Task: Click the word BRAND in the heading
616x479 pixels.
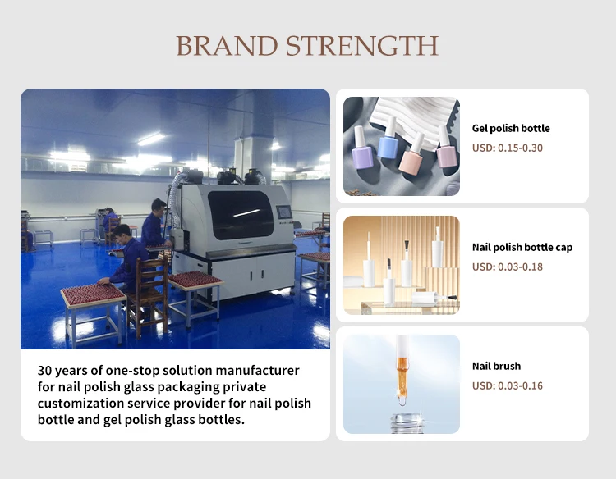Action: pos(227,46)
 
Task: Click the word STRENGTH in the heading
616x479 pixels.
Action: pos(362,46)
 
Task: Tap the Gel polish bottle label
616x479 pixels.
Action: pos(511,128)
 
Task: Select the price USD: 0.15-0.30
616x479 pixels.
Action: pos(508,148)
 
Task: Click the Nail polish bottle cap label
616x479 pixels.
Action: pos(522,247)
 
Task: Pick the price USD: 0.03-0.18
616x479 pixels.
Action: pos(508,267)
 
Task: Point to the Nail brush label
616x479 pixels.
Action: pos(496,366)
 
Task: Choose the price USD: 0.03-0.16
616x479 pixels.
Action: pos(508,385)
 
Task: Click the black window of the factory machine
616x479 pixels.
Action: pos(241,215)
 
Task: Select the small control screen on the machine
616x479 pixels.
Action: pos(284,212)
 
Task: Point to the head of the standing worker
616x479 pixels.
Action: pos(159,207)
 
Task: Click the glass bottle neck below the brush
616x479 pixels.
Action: pos(407,424)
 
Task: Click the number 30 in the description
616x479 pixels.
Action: pos(45,371)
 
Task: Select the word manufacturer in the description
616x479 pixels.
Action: pos(258,371)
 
